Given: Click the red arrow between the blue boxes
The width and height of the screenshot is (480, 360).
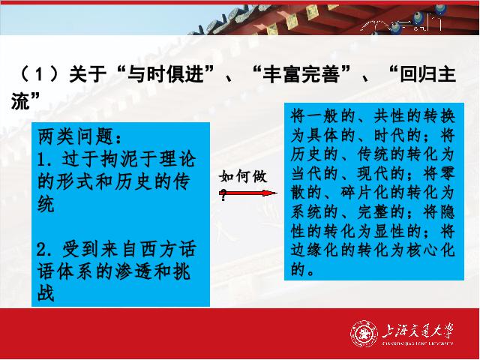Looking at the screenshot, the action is pos(248,193).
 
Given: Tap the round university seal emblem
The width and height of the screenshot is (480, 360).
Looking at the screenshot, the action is pos(364,333).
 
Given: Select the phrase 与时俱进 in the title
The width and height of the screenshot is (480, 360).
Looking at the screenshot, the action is pos(165,74).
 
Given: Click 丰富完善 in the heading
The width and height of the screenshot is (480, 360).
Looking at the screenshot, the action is pos(301,74).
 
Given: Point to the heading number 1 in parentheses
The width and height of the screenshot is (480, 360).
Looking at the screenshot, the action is pos(39,74).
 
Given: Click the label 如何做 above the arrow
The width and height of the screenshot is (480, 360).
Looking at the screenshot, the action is pos(243,177).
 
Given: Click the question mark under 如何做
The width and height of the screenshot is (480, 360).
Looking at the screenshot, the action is pos(223,195).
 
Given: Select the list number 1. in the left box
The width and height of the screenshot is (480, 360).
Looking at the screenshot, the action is pos(46,160).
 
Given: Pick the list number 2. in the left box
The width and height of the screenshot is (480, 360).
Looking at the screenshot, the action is pos(46,250).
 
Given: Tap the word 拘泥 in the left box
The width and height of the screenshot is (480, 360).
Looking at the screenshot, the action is pos(119,159).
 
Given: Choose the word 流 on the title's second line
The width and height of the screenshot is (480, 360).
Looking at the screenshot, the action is pos(20,101).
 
